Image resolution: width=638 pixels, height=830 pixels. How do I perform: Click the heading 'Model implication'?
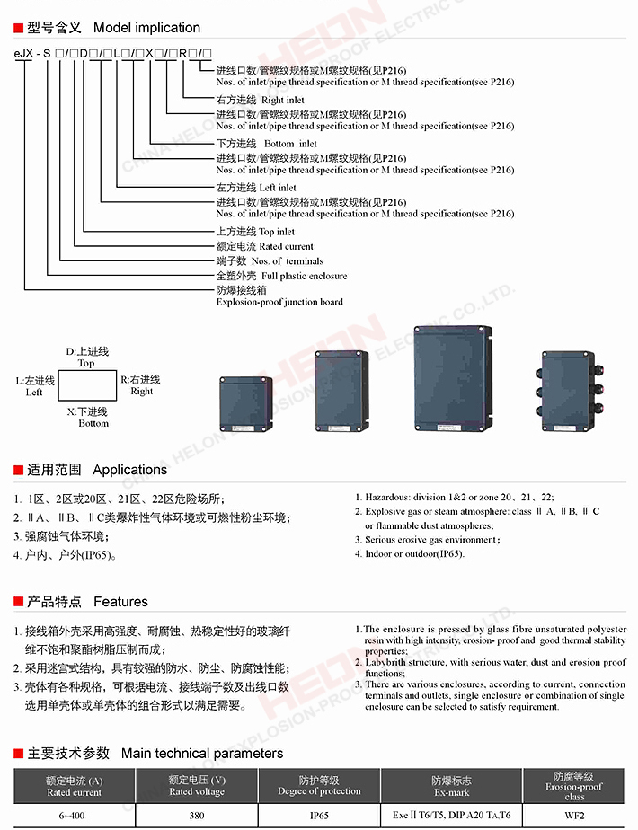click(x=146, y=28)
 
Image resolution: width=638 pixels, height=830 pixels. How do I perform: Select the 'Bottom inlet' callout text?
click(x=290, y=144)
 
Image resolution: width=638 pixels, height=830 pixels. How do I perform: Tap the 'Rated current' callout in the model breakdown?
click(x=286, y=246)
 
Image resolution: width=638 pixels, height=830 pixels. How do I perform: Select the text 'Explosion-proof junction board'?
click(x=279, y=302)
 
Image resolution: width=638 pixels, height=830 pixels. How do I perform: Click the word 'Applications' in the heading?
click(x=130, y=470)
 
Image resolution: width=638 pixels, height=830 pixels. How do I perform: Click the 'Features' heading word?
click(x=120, y=602)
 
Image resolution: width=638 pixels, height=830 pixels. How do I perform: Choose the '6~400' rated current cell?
click(x=74, y=815)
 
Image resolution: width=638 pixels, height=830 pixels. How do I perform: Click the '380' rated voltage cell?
click(x=197, y=815)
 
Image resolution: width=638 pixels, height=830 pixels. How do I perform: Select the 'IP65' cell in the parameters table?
click(x=319, y=815)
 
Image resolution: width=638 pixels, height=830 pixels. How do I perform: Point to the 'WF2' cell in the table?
click(x=574, y=815)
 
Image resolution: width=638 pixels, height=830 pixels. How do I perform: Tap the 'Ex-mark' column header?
click(x=450, y=792)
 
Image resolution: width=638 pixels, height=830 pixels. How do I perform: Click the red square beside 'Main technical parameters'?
click(x=18, y=754)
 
